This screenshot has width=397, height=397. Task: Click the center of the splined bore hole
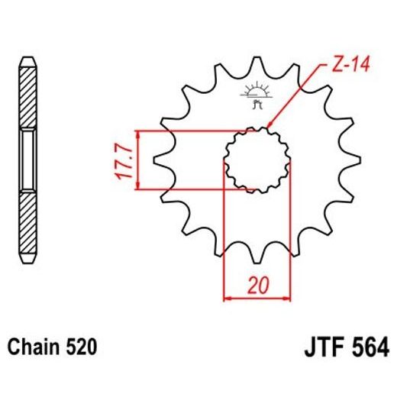point(257,160)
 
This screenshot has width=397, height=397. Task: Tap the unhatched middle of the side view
point(27,160)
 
